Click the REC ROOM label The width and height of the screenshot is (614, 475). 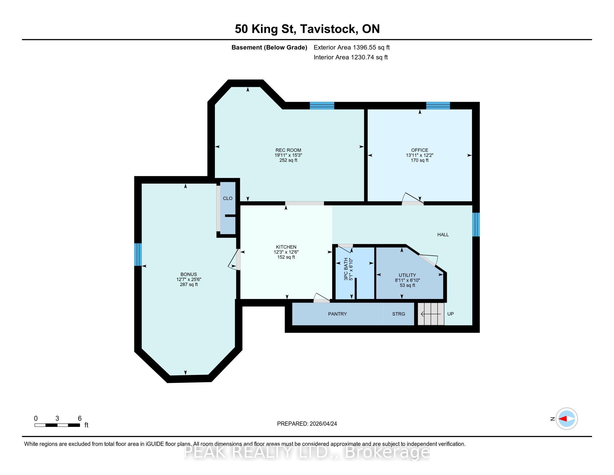click(x=288, y=150)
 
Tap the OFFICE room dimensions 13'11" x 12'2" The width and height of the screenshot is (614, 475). click(x=419, y=155)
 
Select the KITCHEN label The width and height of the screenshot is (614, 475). click(x=286, y=247)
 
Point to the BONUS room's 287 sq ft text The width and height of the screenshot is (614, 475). click(x=189, y=284)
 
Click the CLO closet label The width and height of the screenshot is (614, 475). click(x=228, y=198)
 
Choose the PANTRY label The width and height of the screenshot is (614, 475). click(x=337, y=314)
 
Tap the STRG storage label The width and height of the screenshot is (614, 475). click(x=399, y=314)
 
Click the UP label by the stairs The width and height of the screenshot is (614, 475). click(x=450, y=314)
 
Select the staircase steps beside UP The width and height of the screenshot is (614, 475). click(x=431, y=314)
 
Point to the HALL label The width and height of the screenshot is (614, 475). click(x=443, y=235)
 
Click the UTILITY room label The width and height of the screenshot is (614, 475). click(x=407, y=275)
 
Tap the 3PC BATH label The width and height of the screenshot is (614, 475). click(x=346, y=269)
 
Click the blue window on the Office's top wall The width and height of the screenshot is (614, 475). click(x=438, y=106)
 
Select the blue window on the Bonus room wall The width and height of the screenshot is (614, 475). click(x=138, y=254)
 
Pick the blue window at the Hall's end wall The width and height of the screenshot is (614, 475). click(x=476, y=225)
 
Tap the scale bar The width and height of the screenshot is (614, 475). click(x=57, y=425)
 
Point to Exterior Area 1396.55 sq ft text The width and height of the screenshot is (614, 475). click(x=352, y=47)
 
